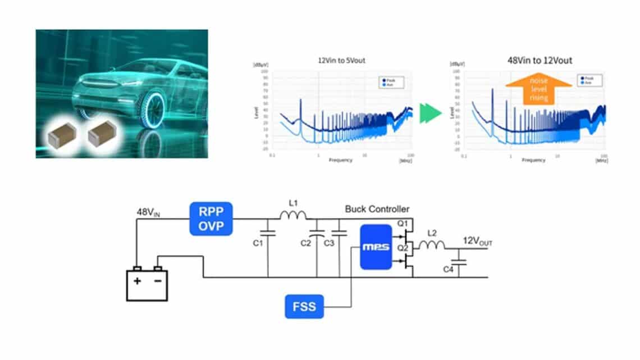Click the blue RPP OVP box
(210, 218)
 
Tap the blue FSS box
(304, 307)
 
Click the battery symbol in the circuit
(147, 284)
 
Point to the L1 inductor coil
(293, 216)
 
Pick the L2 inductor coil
(432, 244)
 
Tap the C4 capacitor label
(448, 270)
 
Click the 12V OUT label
(477, 242)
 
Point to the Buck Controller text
(377, 209)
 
